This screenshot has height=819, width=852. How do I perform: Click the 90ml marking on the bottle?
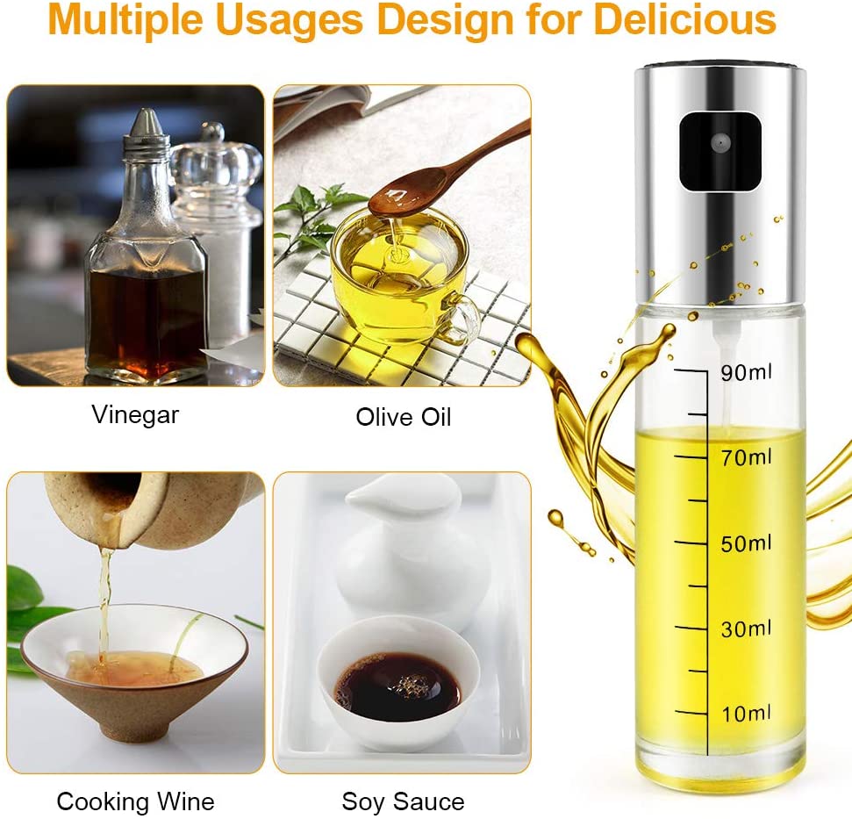pyautogui.click(x=746, y=372)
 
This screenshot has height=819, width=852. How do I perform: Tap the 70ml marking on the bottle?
pyautogui.click(x=746, y=457)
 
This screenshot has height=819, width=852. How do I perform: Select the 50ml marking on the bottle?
pyautogui.click(x=746, y=543)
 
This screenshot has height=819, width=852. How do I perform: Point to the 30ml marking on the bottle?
pyautogui.click(x=746, y=629)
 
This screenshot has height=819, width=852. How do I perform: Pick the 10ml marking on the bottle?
pyautogui.click(x=746, y=714)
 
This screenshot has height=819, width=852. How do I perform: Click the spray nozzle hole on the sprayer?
pyautogui.click(x=720, y=143)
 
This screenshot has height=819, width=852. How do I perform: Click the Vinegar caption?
pyautogui.click(x=135, y=416)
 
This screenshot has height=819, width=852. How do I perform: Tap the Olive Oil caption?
pyautogui.click(x=403, y=417)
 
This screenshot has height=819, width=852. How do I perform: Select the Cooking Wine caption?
pyautogui.click(x=135, y=801)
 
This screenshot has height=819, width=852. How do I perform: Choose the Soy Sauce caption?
pyautogui.click(x=403, y=801)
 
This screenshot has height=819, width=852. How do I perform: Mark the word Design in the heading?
pyautogui.click(x=446, y=21)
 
